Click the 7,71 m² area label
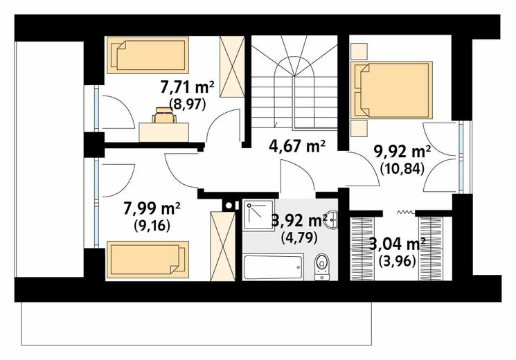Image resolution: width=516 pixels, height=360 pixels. click(187, 88)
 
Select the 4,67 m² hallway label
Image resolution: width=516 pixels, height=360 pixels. click(297, 146)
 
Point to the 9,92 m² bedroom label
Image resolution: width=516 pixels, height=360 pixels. click(402, 152)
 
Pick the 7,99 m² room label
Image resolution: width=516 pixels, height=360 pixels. click(152, 208)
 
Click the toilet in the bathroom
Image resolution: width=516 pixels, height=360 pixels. click(321, 267)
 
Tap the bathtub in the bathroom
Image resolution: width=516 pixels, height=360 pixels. click(273, 267)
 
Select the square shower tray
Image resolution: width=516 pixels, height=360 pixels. click(258, 215)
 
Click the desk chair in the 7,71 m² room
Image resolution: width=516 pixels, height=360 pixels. click(164, 115)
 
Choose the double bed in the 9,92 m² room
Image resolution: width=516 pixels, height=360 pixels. click(391, 90)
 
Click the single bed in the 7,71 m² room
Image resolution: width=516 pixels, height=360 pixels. click(148, 55)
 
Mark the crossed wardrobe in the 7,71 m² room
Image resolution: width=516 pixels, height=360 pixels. click(232, 66)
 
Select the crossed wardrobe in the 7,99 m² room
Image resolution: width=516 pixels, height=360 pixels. click(223, 246)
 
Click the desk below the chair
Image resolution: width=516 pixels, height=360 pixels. click(163, 132)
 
